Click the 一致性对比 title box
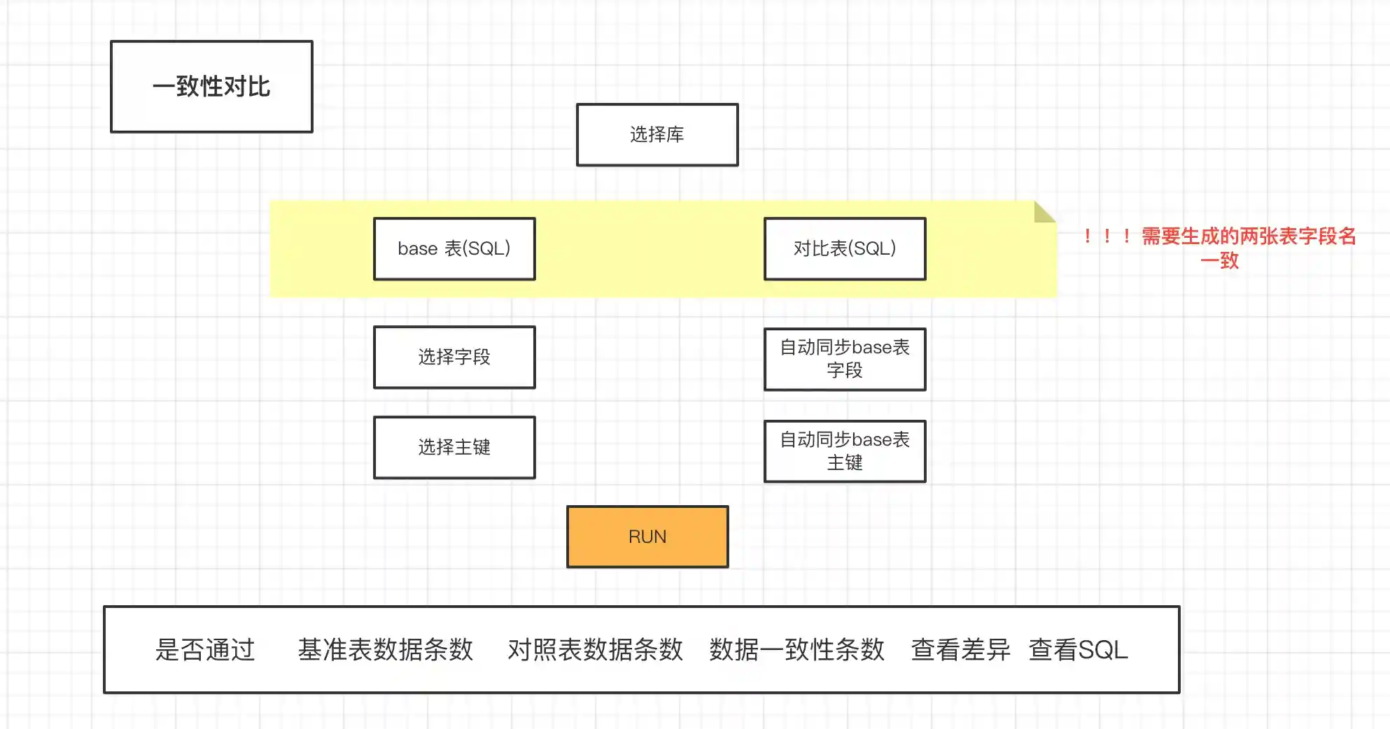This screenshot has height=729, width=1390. (211, 87)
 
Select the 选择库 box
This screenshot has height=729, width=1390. (657, 135)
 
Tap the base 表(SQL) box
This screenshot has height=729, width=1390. (454, 249)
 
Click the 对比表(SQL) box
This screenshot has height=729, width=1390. (844, 249)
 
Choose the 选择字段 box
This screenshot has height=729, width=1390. (454, 358)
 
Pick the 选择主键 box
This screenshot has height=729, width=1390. (454, 448)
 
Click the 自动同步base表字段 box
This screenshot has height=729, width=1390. (844, 359)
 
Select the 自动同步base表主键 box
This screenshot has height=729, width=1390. (844, 451)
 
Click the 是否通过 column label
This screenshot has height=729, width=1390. (204, 650)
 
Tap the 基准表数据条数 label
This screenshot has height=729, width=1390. (385, 650)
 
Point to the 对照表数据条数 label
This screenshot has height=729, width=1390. (595, 650)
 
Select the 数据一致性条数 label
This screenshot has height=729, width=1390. (796, 650)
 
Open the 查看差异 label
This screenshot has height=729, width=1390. (960, 650)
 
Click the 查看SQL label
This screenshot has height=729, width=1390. (1078, 650)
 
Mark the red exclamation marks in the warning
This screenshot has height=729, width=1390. (1107, 236)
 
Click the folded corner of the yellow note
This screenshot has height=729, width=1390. (1043, 212)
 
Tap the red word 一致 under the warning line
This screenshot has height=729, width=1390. (1219, 261)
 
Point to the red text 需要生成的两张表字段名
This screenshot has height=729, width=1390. (1249, 236)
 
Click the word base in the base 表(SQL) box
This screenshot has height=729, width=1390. (417, 249)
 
